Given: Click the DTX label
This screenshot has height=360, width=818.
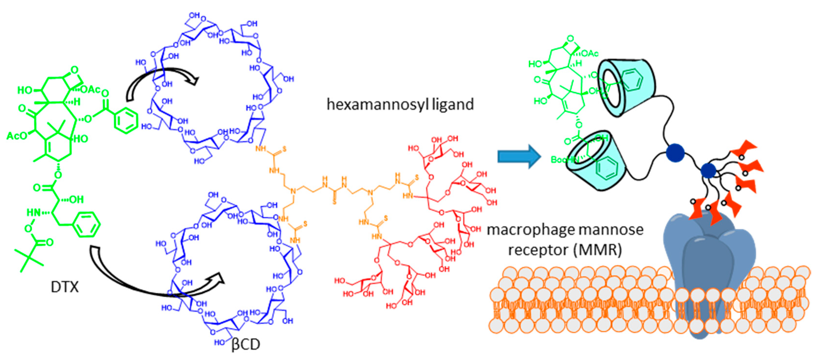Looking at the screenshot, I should pos(65,287).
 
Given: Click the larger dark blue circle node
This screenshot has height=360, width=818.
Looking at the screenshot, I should pos(675,153).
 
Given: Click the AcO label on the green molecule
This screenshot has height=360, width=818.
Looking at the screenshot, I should pos(17,136).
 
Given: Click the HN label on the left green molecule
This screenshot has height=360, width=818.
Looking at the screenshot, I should pos(33,212).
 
